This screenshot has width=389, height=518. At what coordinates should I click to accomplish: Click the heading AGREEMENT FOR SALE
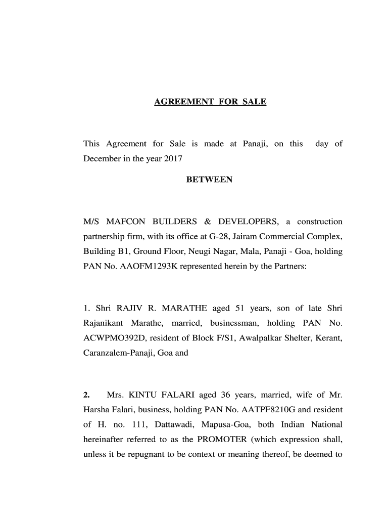(x=210, y=102)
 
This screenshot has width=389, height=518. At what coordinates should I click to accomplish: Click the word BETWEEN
(x=210, y=180)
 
